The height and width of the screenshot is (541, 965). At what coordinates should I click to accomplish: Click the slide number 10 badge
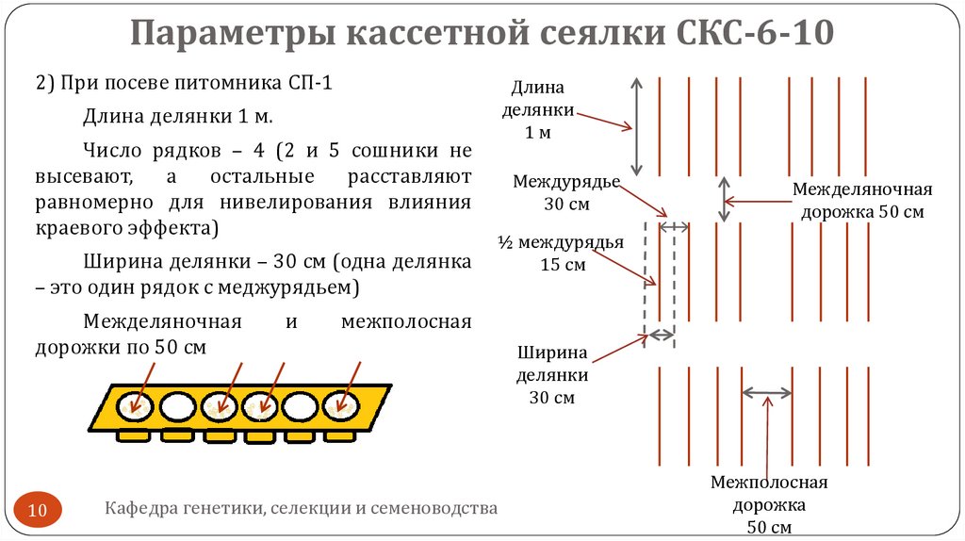39,510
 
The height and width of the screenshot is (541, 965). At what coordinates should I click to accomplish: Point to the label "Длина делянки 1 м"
538,110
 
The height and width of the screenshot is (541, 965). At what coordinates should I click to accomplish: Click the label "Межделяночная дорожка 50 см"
861,200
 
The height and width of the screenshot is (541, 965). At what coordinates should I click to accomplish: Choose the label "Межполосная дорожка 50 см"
768,504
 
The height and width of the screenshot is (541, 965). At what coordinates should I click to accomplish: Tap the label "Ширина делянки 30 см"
551,375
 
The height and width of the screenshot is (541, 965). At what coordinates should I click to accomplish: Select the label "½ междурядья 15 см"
562,254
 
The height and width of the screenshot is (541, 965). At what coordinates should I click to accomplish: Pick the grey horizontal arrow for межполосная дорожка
767,391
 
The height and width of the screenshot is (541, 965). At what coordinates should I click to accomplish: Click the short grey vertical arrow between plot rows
724,199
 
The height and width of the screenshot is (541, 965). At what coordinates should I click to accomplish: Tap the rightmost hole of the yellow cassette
340,406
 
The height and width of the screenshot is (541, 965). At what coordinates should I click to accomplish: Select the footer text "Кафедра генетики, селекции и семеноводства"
301,509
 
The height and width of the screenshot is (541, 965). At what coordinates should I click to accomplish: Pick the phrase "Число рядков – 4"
172,151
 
